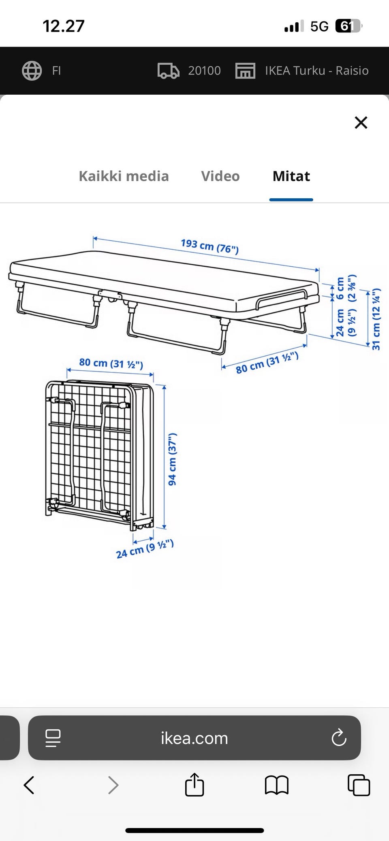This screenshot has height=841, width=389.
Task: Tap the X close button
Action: click(x=361, y=122)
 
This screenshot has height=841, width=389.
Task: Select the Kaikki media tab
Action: click(x=124, y=176)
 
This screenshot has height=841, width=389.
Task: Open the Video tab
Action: click(x=220, y=176)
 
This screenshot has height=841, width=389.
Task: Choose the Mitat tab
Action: click(x=291, y=176)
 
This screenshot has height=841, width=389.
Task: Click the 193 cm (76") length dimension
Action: click(x=209, y=246)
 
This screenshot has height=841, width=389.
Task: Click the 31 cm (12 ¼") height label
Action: click(x=376, y=319)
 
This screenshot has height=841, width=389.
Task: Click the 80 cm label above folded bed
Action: click(x=111, y=363)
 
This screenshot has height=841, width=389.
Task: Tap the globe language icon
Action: click(x=32, y=71)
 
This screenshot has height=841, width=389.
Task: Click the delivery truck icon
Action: click(x=168, y=71)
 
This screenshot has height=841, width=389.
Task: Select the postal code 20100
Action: click(x=204, y=71)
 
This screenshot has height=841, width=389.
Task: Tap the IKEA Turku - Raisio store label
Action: click(x=317, y=71)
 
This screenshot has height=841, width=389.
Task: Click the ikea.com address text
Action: click(x=194, y=739)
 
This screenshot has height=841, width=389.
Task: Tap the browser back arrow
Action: click(x=29, y=785)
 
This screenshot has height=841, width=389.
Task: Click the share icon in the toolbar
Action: click(x=194, y=784)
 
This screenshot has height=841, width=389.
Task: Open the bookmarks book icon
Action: click(x=276, y=785)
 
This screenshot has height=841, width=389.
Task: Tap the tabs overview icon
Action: click(x=359, y=785)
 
